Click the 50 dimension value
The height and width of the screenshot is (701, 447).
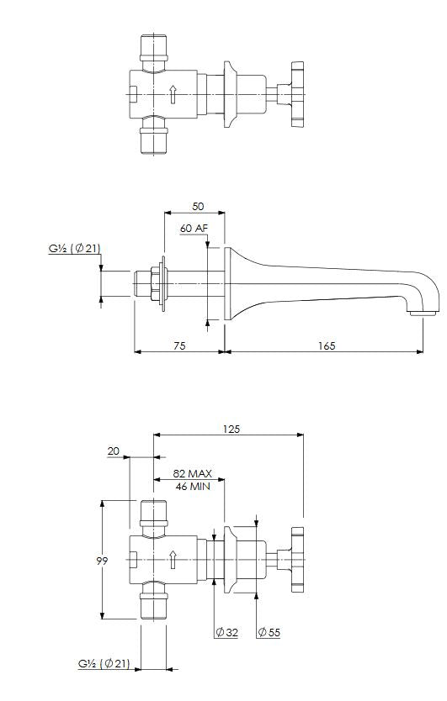tap(198, 207)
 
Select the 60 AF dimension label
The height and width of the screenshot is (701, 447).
tap(194, 228)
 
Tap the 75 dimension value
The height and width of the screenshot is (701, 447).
tap(179, 345)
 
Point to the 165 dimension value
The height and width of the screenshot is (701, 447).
tap(327, 345)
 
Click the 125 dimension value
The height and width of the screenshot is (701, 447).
tap(231, 429)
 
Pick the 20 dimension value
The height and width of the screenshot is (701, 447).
tap(114, 451)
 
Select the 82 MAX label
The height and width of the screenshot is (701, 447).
tap(193, 473)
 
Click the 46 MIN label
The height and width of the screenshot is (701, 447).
tap(193, 486)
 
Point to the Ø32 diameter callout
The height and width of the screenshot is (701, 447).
tap(226, 632)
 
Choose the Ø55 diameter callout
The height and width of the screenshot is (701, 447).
tap(269, 632)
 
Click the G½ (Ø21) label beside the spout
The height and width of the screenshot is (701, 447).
tap(74, 249)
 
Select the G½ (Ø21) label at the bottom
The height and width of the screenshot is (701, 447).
tap(104, 664)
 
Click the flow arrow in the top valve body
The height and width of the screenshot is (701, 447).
tap(173, 95)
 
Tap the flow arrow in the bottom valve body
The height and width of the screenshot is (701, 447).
tap(173, 560)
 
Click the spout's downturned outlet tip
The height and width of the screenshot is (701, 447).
tap(423, 314)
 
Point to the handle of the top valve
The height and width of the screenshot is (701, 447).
tap(297, 94)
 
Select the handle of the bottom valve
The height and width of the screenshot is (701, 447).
tap(297, 560)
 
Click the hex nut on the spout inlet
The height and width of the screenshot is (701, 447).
tap(156, 283)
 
